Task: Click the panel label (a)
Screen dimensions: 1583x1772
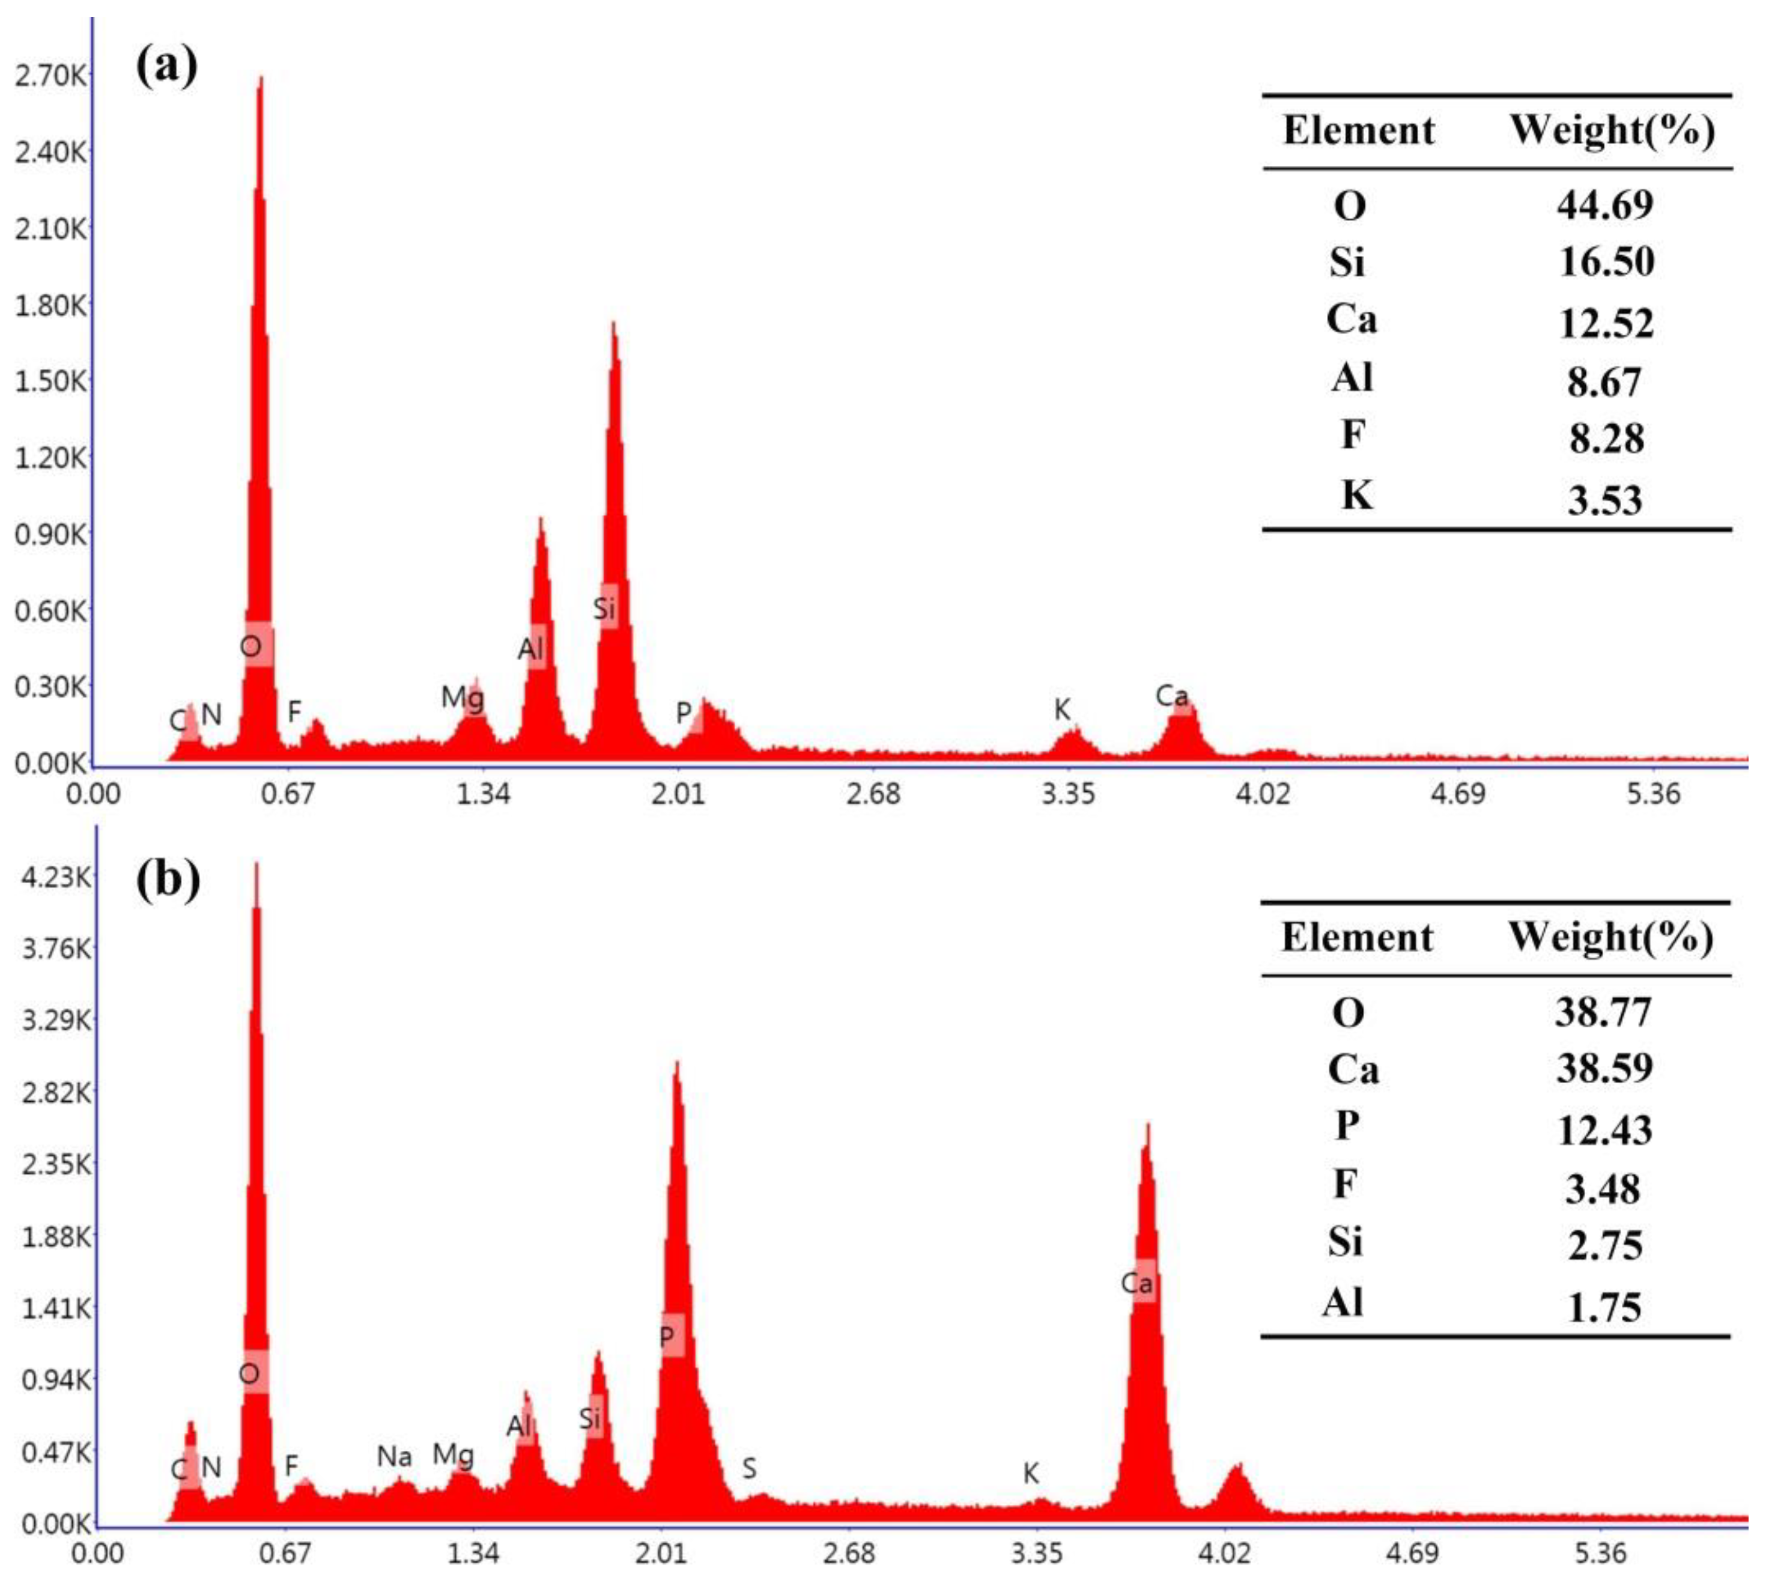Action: tap(167, 66)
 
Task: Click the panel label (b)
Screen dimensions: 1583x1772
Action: tap(168, 880)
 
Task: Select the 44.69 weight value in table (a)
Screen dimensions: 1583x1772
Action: tap(1605, 205)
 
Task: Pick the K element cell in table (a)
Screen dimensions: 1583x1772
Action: tap(1356, 496)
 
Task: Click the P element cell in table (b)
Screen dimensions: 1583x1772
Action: tap(1347, 1126)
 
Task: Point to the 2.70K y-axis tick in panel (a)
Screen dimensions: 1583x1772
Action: tap(50, 76)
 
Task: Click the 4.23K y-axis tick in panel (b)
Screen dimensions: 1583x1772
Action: tap(55, 877)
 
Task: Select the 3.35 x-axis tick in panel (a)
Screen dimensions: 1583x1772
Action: tap(1068, 793)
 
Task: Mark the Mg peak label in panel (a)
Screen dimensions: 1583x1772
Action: tap(463, 697)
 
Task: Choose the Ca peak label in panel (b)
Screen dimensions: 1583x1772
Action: tap(1137, 1283)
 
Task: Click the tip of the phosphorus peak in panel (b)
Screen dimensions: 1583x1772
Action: tap(676, 1063)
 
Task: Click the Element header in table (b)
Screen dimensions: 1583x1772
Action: tap(1356, 938)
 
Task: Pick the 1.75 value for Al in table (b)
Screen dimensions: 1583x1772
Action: tap(1604, 1307)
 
